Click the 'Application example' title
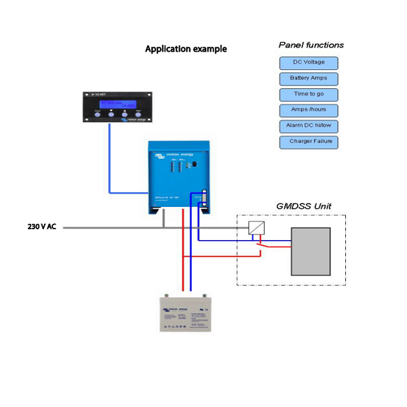coord(186,49)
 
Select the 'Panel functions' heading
coord(311,45)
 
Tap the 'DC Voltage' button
coord(309,63)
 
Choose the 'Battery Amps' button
coord(309,79)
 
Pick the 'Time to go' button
coord(309,94)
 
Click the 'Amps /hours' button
coord(309,110)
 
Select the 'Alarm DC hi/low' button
coord(309,126)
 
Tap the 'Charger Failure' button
coord(309,142)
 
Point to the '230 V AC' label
coord(41,227)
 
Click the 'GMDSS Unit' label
coord(303,206)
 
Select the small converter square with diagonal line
coord(256,228)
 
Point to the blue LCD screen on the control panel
coord(117,104)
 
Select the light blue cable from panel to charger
coord(109,163)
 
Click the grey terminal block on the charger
coord(203,199)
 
